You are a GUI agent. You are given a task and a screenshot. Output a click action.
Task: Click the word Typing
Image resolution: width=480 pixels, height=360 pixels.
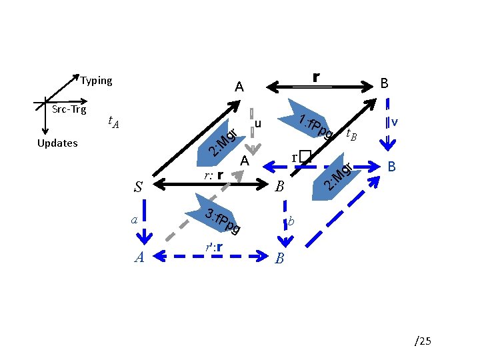[97, 81]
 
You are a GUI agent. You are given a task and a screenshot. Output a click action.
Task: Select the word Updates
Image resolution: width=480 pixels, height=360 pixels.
[57, 143]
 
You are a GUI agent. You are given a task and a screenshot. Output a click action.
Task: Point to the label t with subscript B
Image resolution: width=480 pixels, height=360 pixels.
[351, 136]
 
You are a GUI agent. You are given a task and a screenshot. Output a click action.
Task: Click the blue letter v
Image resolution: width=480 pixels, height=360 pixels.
[395, 122]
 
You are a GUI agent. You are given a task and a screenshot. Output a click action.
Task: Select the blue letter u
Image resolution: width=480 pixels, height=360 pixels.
[258, 124]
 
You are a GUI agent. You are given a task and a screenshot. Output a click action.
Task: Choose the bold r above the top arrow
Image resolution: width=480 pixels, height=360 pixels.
[316, 77]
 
